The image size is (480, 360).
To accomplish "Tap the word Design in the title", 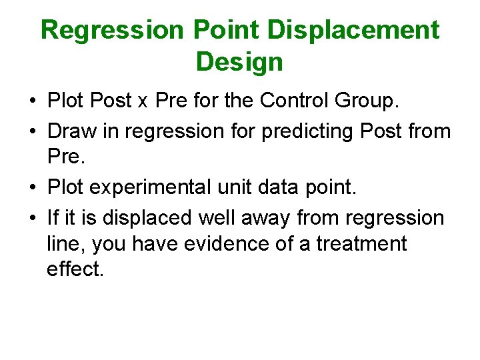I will click(x=239, y=62).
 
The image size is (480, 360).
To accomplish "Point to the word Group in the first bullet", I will click(x=365, y=101).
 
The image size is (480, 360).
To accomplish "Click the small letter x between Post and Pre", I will click(x=141, y=102).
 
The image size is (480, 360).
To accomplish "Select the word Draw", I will click(x=71, y=131).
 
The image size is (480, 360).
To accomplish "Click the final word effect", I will click(x=75, y=269).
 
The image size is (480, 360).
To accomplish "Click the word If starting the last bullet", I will click(x=53, y=217).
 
